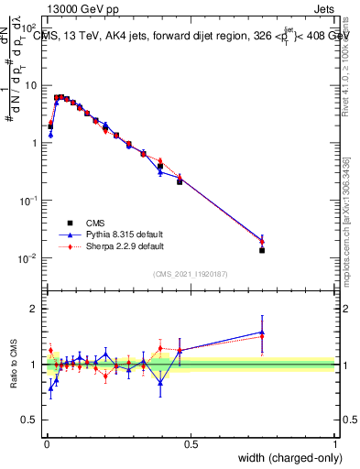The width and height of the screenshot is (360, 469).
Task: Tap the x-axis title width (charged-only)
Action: click(287, 458)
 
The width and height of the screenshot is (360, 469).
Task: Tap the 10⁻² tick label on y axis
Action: click(28, 258)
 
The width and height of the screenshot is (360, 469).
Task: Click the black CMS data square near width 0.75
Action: click(262, 250)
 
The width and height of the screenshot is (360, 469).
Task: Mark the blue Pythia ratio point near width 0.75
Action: click(262, 333)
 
